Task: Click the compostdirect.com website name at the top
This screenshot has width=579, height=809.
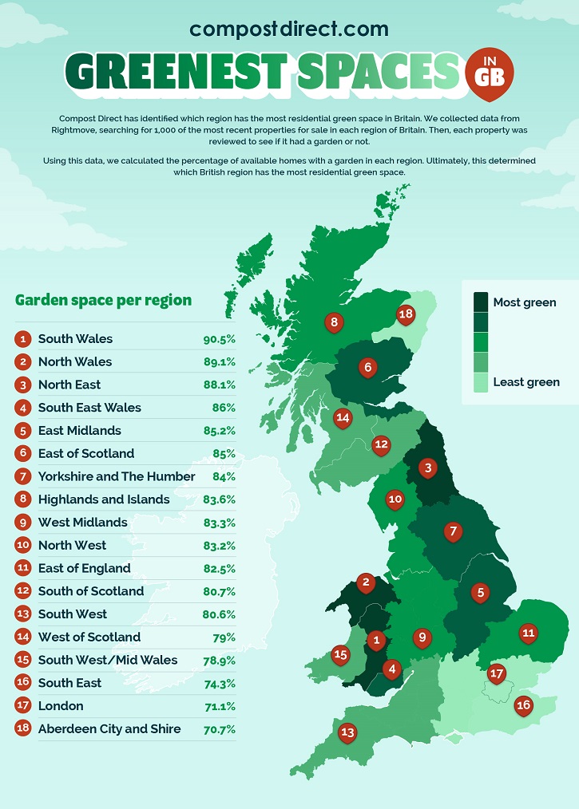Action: tap(289, 30)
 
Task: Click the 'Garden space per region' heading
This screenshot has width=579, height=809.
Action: tap(103, 300)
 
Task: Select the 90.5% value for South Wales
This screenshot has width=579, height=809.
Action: tap(219, 339)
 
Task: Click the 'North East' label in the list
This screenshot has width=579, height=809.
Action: tap(69, 385)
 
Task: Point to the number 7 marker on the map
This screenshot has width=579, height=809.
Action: tap(453, 531)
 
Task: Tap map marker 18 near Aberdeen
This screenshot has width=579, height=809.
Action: tap(406, 314)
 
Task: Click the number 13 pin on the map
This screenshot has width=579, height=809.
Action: tap(347, 732)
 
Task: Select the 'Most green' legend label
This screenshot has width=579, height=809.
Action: tap(525, 302)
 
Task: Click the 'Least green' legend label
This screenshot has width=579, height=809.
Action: tap(526, 382)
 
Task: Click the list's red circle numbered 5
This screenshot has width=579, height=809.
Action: tap(23, 431)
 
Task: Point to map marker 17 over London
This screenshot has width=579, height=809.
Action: tap(497, 673)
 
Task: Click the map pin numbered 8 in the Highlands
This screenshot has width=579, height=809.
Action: tap(334, 322)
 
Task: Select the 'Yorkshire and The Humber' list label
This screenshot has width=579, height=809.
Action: tap(117, 476)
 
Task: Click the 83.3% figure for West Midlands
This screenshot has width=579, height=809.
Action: tap(219, 523)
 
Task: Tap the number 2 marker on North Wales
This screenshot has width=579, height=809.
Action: tap(366, 582)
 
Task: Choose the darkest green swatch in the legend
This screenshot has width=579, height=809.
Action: tap(481, 302)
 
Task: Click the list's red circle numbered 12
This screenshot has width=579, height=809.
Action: tap(23, 591)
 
